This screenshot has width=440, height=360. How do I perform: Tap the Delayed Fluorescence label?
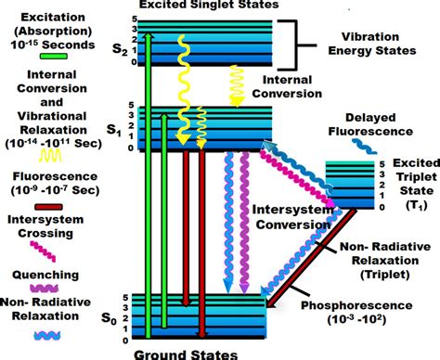click(x=380, y=127)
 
